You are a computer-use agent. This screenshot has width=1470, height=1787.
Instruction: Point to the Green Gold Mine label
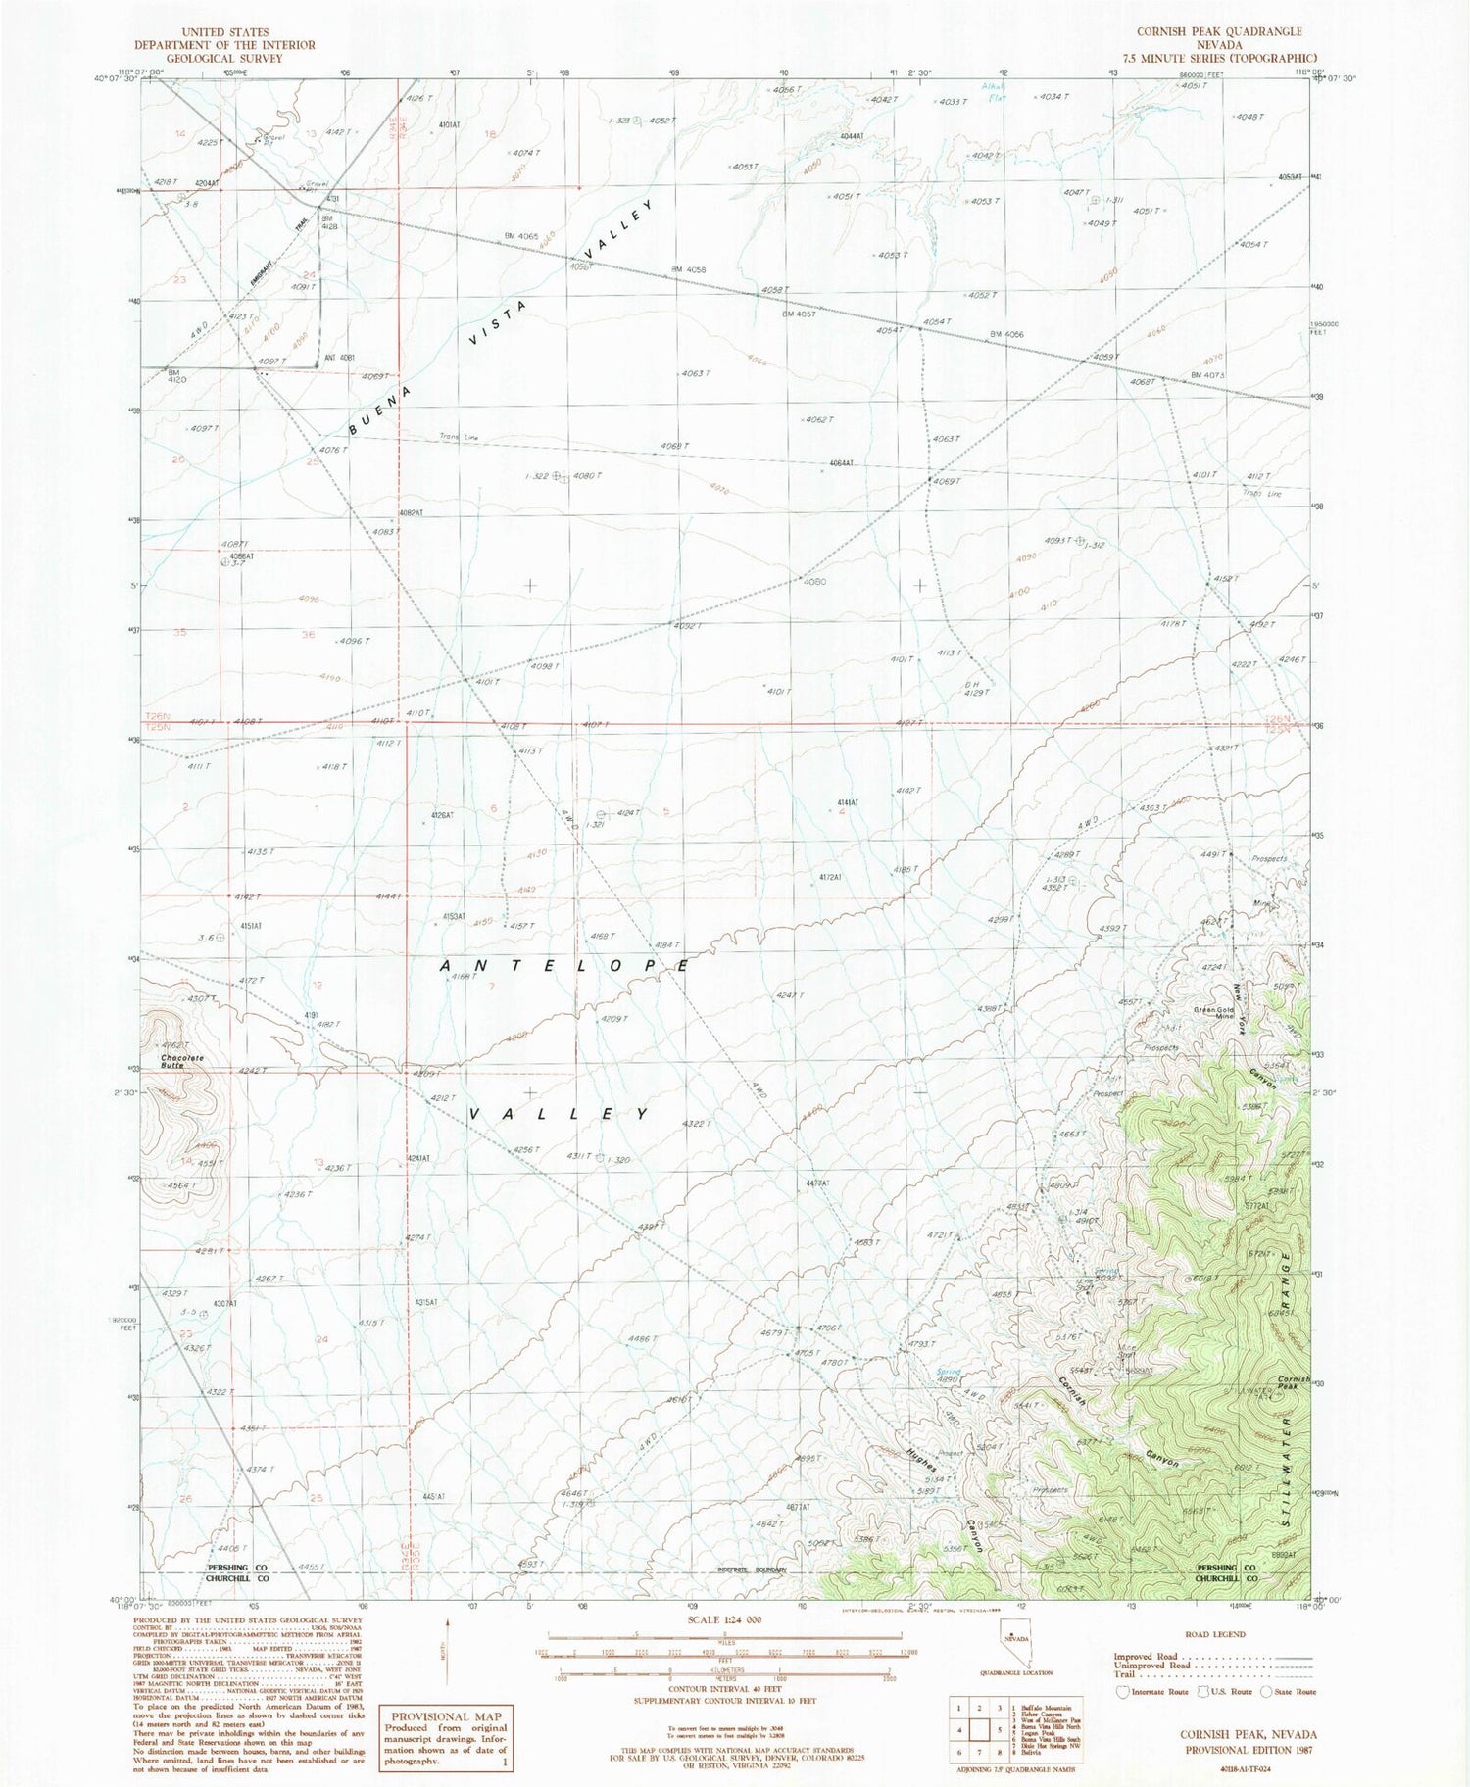click(x=1212, y=1012)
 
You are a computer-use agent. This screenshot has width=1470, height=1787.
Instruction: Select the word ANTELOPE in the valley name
click(x=565, y=966)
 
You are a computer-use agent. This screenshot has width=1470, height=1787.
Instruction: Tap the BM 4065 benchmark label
click(x=521, y=236)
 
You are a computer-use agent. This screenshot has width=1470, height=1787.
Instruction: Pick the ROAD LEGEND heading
click(x=1215, y=1634)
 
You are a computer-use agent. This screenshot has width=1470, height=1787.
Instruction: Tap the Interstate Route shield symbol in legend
click(x=1123, y=1692)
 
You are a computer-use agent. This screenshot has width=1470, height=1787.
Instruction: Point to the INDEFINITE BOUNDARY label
click(x=752, y=1570)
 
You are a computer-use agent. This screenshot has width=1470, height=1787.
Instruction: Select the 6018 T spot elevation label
click(x=1203, y=1279)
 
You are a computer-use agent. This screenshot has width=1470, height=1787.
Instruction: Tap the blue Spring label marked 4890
click(x=948, y=1373)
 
